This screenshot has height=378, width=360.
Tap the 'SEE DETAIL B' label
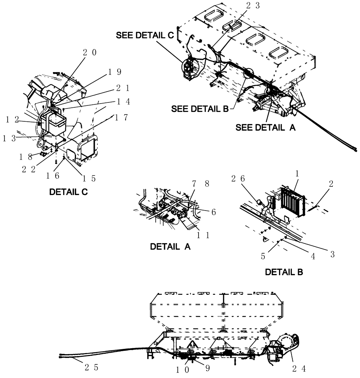point(200,109)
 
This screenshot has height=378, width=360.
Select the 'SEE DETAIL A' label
point(265,128)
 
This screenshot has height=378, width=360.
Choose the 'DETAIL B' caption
point(284,272)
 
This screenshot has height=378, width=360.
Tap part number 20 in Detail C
point(89,53)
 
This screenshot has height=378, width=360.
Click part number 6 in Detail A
point(214,212)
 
